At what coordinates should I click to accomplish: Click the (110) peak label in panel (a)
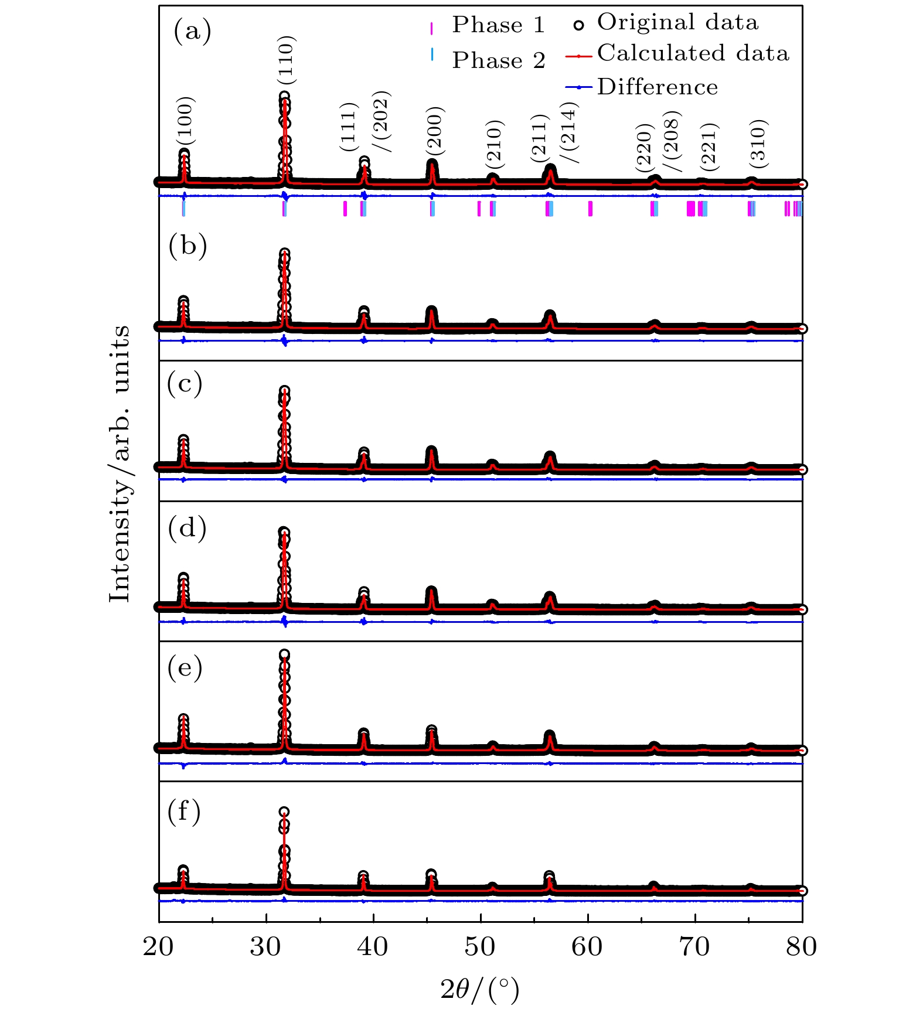[287, 60]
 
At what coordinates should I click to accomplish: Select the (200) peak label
[435, 132]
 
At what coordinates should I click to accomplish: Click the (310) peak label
[758, 142]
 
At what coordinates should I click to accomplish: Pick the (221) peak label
[709, 146]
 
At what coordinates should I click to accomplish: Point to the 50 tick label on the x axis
[480, 946]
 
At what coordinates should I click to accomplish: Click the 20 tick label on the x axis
[158, 946]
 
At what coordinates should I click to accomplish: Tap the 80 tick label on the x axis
[802, 946]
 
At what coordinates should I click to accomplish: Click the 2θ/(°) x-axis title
[480, 990]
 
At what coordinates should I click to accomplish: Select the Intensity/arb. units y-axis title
[120, 463]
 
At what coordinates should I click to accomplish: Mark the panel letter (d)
[187, 528]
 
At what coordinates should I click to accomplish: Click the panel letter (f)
[184, 812]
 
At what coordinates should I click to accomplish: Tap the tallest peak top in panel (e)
[284, 655]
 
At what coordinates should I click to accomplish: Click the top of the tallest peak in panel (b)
[285, 254]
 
